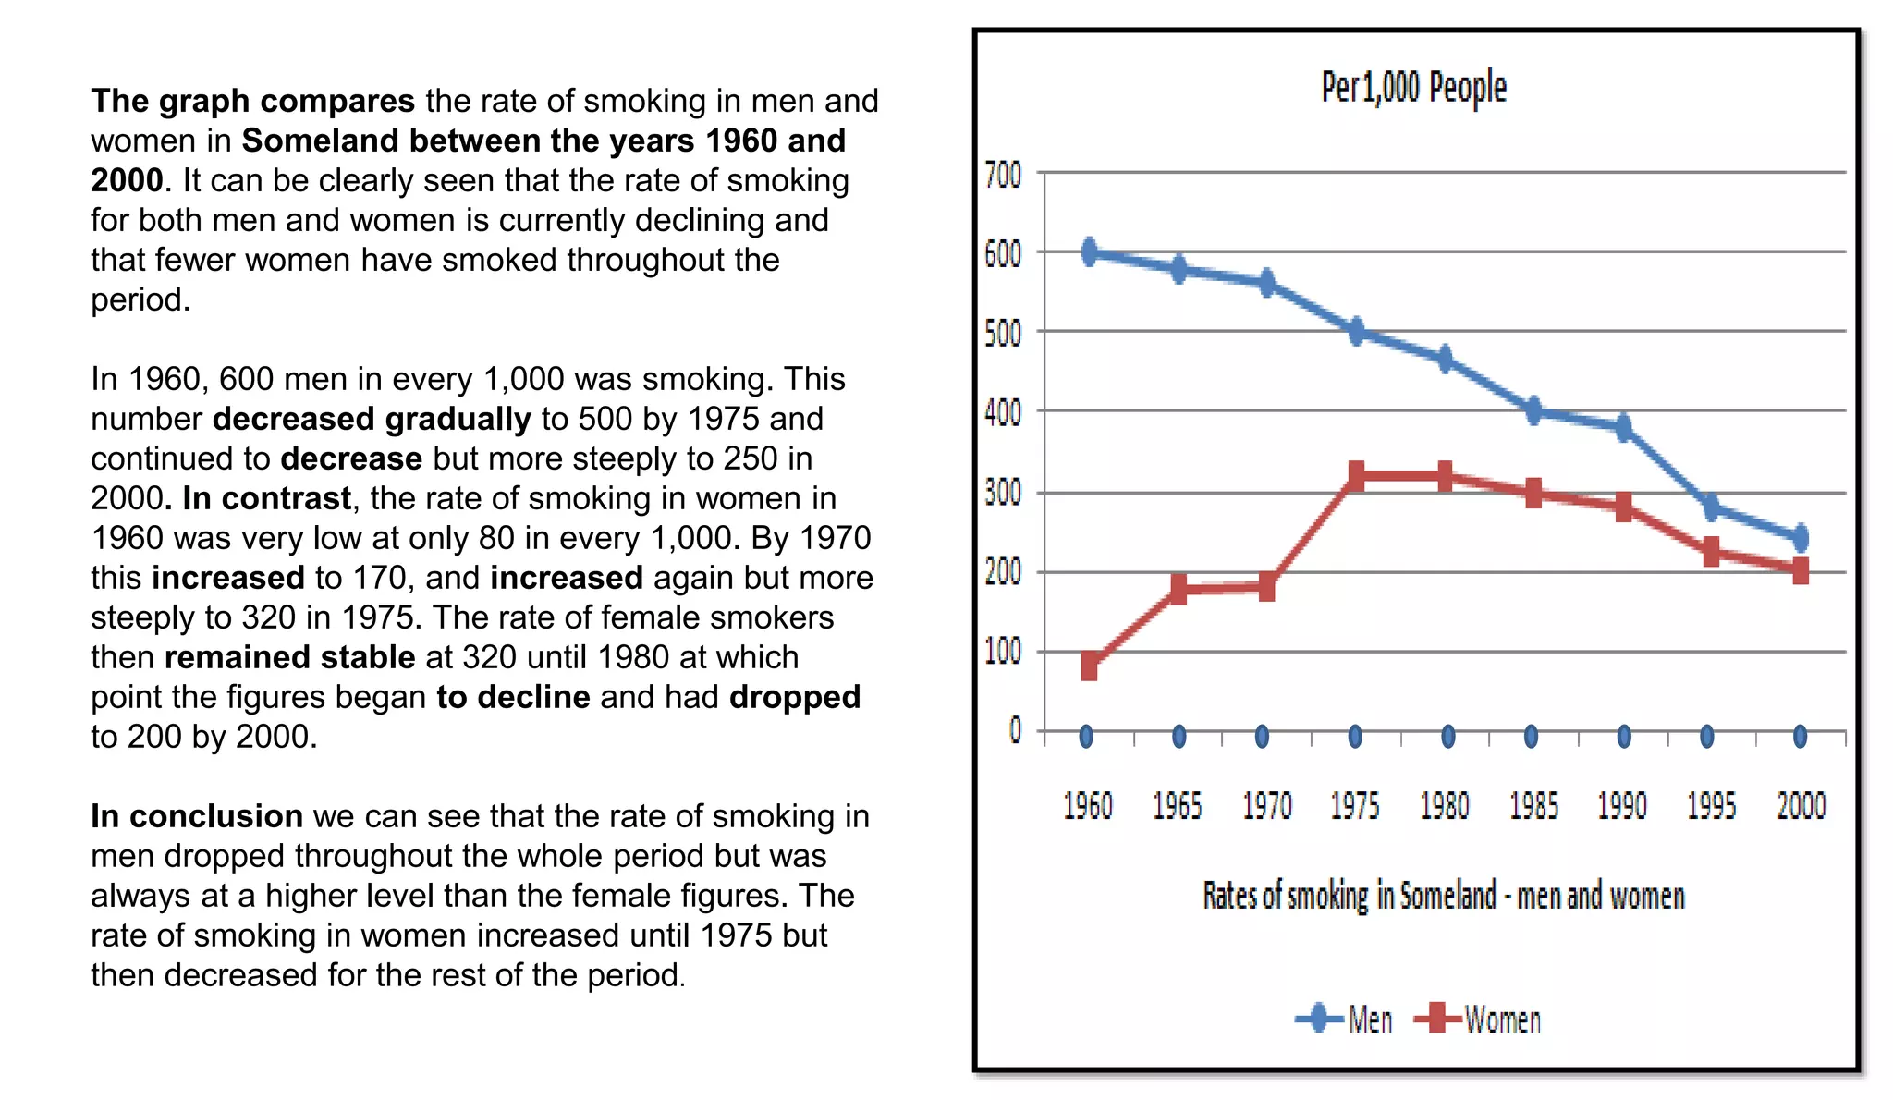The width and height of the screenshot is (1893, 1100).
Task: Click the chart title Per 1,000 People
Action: (x=1413, y=87)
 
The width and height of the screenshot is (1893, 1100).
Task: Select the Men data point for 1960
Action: (x=1090, y=251)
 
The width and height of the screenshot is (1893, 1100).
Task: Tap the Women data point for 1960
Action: (x=1090, y=665)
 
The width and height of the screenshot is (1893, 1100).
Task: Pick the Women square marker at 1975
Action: (x=1356, y=476)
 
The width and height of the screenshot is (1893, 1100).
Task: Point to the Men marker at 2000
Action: (x=1801, y=537)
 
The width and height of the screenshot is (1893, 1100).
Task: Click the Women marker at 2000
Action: (x=1801, y=570)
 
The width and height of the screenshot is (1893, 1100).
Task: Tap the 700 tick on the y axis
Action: (x=1003, y=174)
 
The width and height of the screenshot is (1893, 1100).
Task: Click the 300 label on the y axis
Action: (x=1003, y=492)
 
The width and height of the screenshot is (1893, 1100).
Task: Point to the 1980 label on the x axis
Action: (x=1445, y=806)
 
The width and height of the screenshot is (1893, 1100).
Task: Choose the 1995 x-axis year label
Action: (x=1711, y=806)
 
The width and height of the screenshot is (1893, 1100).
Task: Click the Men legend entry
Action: (x=1345, y=1020)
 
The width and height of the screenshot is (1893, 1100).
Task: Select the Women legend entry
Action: (x=1479, y=1020)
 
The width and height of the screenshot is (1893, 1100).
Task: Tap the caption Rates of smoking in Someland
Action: (x=1443, y=896)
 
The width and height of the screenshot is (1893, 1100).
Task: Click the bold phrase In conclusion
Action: (x=196, y=816)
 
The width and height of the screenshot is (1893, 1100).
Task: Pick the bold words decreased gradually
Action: (x=372, y=419)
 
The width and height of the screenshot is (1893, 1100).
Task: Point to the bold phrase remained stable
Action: (x=289, y=657)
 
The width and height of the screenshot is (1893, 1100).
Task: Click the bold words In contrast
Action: (x=266, y=498)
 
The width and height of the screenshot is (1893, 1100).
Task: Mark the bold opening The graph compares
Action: (x=252, y=101)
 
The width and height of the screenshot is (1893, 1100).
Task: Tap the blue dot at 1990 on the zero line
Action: (x=1624, y=737)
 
